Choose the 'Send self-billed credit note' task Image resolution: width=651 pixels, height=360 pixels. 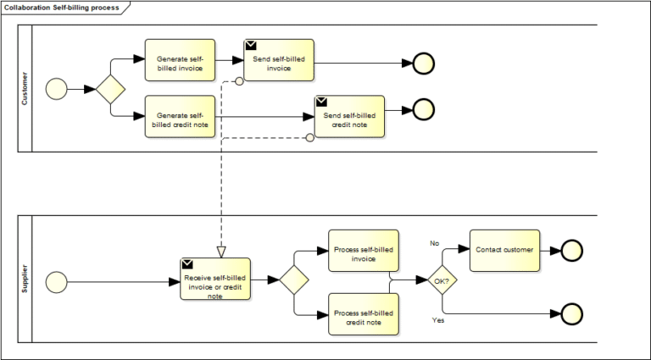(x=349, y=117)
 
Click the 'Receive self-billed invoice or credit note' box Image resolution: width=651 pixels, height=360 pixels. (x=215, y=280)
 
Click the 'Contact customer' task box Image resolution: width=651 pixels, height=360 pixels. (x=504, y=251)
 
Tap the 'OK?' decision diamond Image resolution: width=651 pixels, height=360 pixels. (x=441, y=280)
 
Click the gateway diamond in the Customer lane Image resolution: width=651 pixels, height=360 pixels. (x=110, y=89)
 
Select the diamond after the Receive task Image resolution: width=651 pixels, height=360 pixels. (x=293, y=280)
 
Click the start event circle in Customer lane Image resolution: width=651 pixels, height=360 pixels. (x=56, y=89)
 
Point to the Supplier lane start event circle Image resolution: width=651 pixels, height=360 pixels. (x=56, y=280)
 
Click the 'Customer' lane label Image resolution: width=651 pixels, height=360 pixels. (x=24, y=89)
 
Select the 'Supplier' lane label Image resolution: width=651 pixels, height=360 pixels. (x=24, y=280)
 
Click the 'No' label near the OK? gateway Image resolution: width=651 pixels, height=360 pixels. (x=434, y=243)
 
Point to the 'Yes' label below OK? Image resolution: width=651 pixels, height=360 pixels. (x=438, y=321)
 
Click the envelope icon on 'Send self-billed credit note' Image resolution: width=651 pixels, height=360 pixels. (x=322, y=102)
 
